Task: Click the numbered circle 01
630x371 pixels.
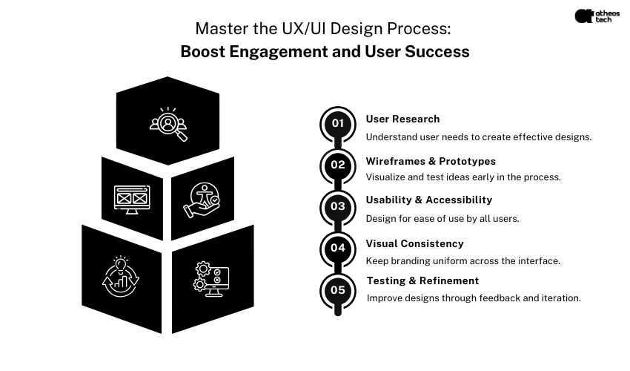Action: pyautogui.click(x=338, y=123)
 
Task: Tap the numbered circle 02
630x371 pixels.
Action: pyautogui.click(x=338, y=165)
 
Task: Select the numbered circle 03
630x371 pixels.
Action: pyautogui.click(x=338, y=206)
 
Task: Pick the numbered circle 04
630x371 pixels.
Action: pyautogui.click(x=338, y=248)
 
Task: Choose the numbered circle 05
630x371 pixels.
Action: pyautogui.click(x=338, y=290)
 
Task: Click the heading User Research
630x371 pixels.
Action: pyautogui.click(x=402, y=119)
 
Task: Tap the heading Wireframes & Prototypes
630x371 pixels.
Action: pyautogui.click(x=431, y=161)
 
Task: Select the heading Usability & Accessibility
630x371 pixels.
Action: pyautogui.click(x=428, y=200)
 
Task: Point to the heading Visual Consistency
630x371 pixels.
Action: pyautogui.click(x=414, y=243)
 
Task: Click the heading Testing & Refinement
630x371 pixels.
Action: pyautogui.click(x=422, y=280)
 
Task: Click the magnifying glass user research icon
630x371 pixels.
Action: pyautogui.click(x=169, y=123)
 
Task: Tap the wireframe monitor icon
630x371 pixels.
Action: pyautogui.click(x=133, y=198)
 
